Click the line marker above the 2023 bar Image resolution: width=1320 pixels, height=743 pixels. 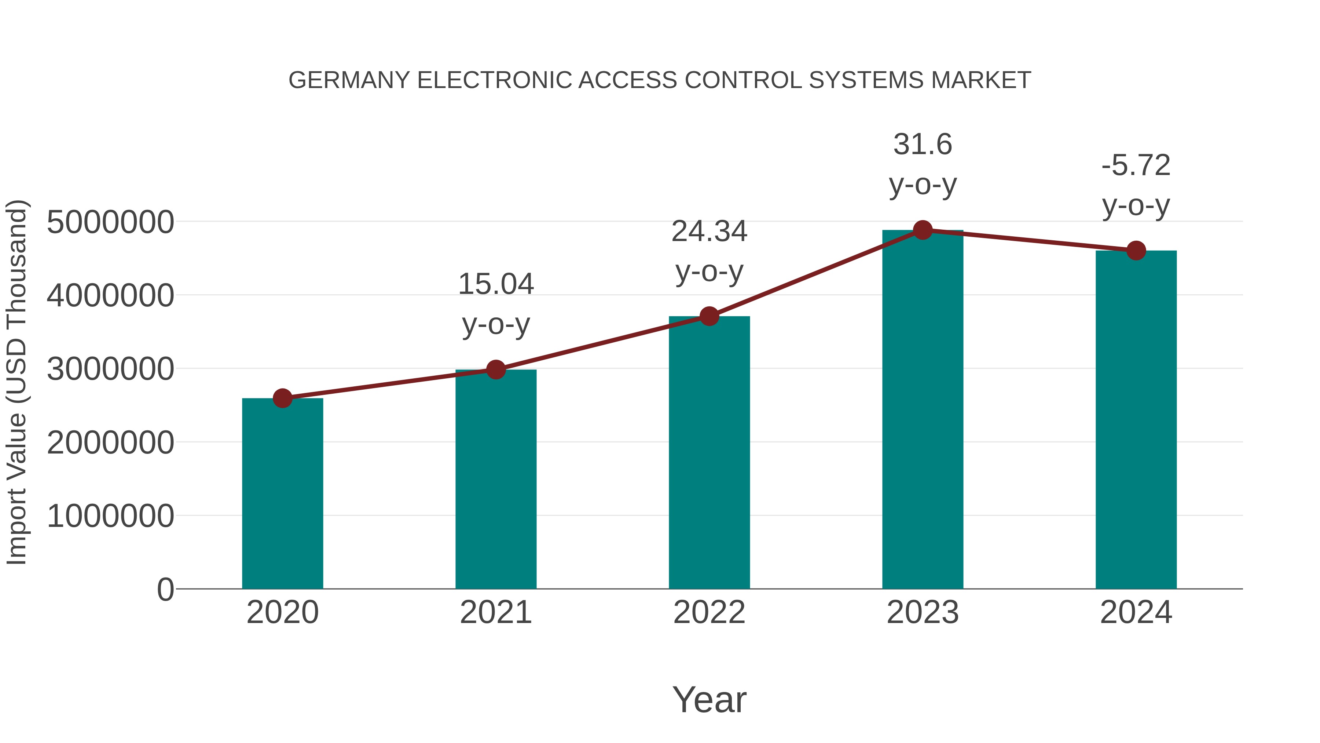(x=923, y=230)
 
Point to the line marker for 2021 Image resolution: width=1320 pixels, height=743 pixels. (x=495, y=369)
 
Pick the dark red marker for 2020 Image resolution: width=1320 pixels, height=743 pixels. (x=282, y=398)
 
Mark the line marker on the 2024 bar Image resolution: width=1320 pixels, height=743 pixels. (x=1136, y=251)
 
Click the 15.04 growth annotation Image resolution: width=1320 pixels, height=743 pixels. (x=495, y=284)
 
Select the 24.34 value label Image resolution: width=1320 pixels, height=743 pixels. (x=709, y=231)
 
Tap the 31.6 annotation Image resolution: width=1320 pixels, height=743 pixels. (x=923, y=144)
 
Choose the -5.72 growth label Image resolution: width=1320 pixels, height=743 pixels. (x=1136, y=165)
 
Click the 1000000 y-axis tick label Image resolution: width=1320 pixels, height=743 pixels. (x=110, y=516)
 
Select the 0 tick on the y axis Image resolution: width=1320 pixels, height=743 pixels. (x=165, y=589)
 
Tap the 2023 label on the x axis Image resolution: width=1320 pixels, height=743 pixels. (x=923, y=612)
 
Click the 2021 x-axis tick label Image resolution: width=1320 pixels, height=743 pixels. (x=495, y=612)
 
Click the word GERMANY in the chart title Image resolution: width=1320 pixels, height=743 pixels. (x=349, y=80)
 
